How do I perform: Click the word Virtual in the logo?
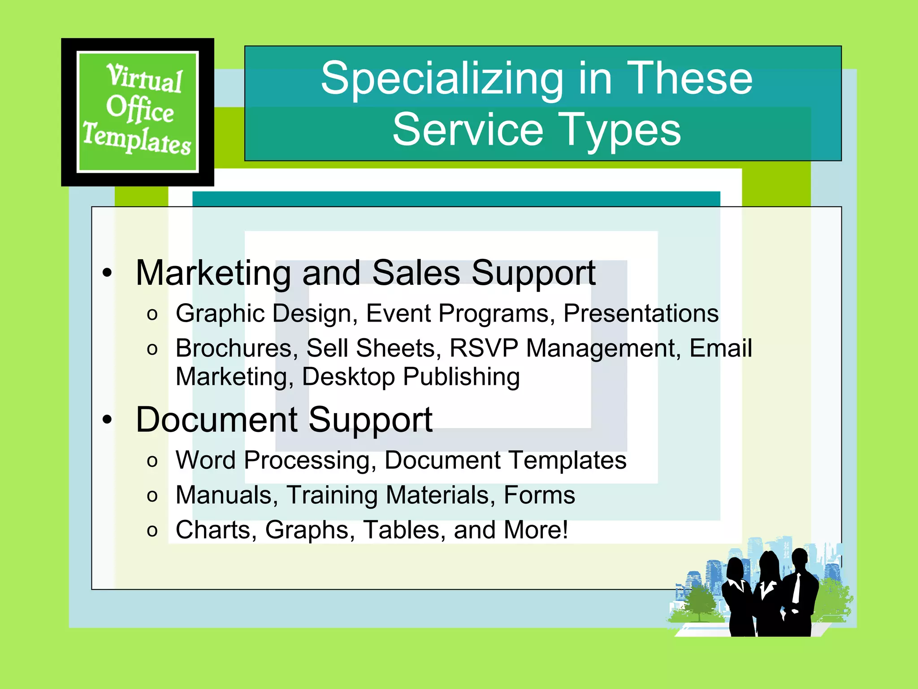[144, 78]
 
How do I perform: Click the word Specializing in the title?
[442, 78]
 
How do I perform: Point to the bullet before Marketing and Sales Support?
[107, 273]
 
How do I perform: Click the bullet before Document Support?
[107, 420]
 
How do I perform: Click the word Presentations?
[641, 313]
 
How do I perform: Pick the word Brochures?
[234, 348]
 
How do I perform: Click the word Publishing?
[461, 377]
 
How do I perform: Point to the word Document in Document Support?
[217, 420]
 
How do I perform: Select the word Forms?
[539, 495]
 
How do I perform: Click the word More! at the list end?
[536, 530]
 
